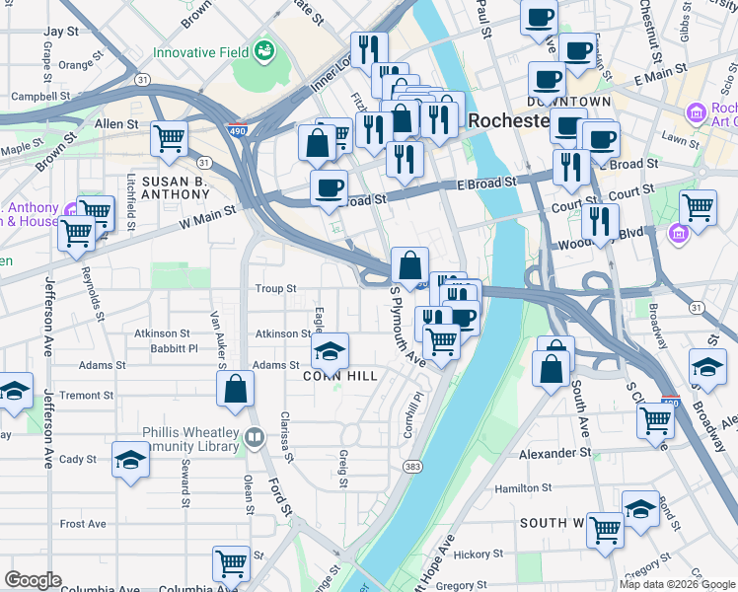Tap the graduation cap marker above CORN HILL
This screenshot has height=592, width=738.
pyautogui.click(x=330, y=349)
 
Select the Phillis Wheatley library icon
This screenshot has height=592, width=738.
pyautogui.click(x=255, y=437)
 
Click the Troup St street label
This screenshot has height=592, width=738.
pyautogui.click(x=276, y=289)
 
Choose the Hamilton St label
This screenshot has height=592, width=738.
pyautogui.click(x=524, y=488)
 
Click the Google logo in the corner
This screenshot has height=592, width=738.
pyautogui.click(x=33, y=580)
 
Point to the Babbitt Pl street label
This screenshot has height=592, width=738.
pyautogui.click(x=174, y=348)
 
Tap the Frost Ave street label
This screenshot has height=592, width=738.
pyautogui.click(x=83, y=524)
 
